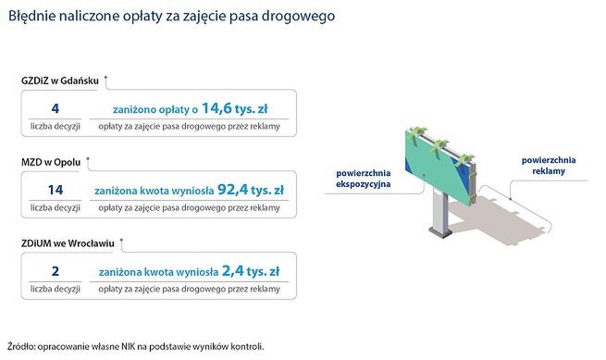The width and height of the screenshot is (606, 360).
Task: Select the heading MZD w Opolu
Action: [51, 161]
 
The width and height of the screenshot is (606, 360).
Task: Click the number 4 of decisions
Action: [56, 108]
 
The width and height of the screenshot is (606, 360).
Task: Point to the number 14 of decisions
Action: [56, 190]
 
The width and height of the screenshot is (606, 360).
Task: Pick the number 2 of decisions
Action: [56, 271]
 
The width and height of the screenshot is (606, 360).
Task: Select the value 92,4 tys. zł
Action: [249, 190]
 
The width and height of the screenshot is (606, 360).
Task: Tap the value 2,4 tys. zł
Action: [252, 271]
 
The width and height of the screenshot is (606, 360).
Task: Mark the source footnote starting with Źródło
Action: [135, 346]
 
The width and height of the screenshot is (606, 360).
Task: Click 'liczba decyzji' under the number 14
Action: [56, 207]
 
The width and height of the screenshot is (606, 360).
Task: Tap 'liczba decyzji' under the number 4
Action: [56, 126]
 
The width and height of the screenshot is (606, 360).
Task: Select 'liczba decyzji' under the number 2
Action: [56, 289]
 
